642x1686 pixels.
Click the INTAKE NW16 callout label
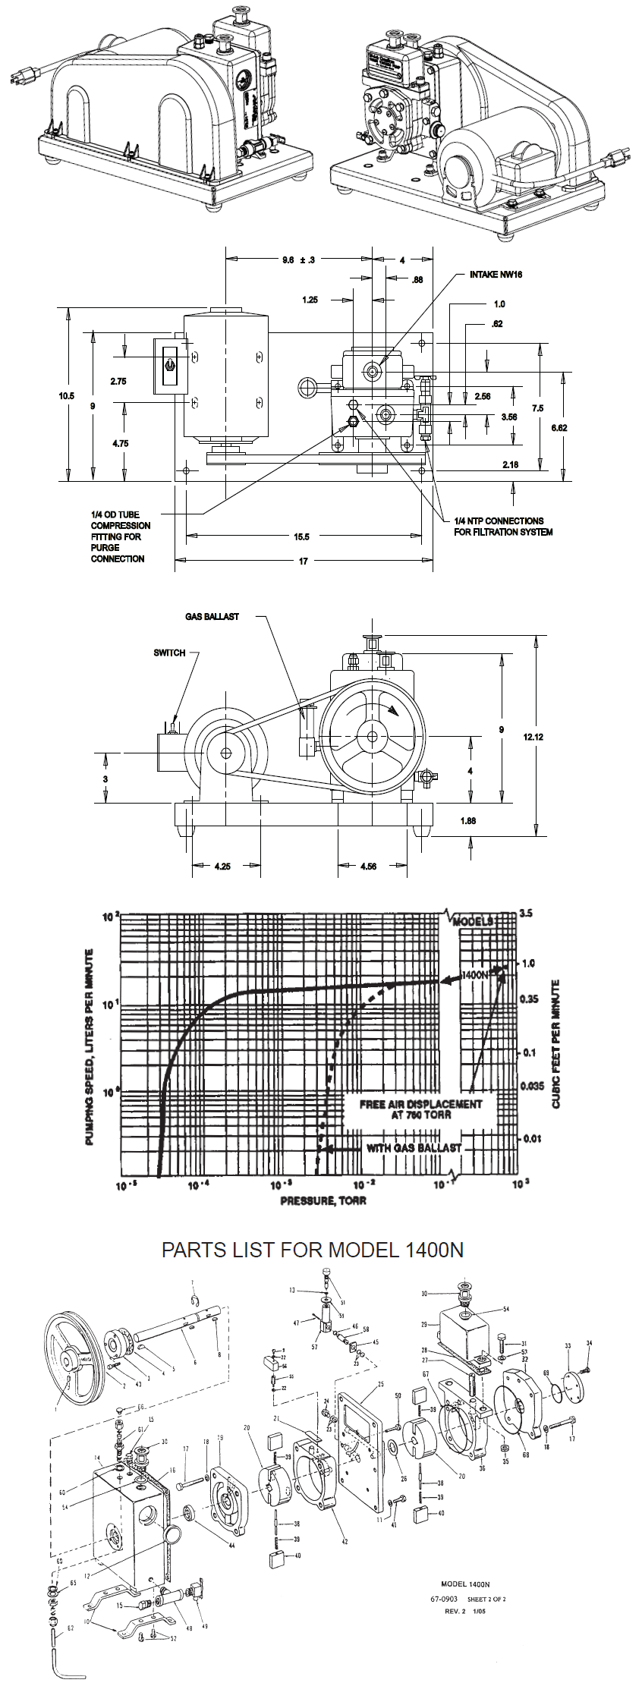[x=496, y=275]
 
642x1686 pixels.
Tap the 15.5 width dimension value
[x=301, y=537]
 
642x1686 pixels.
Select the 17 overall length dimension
[x=303, y=561]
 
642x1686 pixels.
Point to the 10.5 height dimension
[x=67, y=395]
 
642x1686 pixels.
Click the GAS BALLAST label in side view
[x=212, y=617]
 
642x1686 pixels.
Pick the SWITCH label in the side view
[x=169, y=653]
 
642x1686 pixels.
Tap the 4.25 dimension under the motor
[x=222, y=866]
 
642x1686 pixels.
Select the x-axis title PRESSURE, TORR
[x=323, y=1200]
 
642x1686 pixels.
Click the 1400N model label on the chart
[x=475, y=973]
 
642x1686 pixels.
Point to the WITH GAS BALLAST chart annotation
[x=414, y=1148]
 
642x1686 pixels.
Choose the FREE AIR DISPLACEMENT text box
[x=420, y=1109]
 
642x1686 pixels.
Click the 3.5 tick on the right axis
[x=526, y=913]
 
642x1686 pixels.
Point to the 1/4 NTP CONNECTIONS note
[x=503, y=527]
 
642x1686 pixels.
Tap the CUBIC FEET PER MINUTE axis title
[x=556, y=1044]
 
